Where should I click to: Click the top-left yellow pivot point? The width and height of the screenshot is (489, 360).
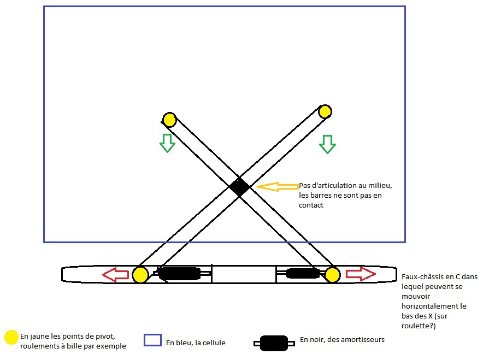[x=169, y=119]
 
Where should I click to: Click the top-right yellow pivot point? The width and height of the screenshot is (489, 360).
[x=325, y=112]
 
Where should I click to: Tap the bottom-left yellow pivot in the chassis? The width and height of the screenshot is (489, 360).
[x=140, y=274]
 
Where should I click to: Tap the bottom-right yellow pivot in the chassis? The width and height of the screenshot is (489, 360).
[x=333, y=274]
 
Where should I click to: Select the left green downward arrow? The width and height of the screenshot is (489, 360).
[x=167, y=143]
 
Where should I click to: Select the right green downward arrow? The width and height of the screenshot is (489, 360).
[x=327, y=144]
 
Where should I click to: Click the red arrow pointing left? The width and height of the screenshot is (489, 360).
[x=115, y=274]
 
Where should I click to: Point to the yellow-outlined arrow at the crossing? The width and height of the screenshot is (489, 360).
[x=276, y=187]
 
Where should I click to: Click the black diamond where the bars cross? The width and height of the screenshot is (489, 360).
[x=239, y=187]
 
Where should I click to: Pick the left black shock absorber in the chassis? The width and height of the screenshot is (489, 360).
[x=179, y=274]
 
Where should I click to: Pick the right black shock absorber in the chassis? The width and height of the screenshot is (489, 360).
[x=303, y=273]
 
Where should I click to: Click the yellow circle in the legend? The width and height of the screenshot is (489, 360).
[x=11, y=338]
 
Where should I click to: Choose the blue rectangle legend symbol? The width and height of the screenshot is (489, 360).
[x=152, y=340]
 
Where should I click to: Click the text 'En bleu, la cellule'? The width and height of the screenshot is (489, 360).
[x=196, y=343]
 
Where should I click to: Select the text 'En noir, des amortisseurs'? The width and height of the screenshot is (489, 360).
[x=342, y=340]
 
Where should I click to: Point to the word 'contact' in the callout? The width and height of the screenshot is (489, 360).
[x=311, y=205]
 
